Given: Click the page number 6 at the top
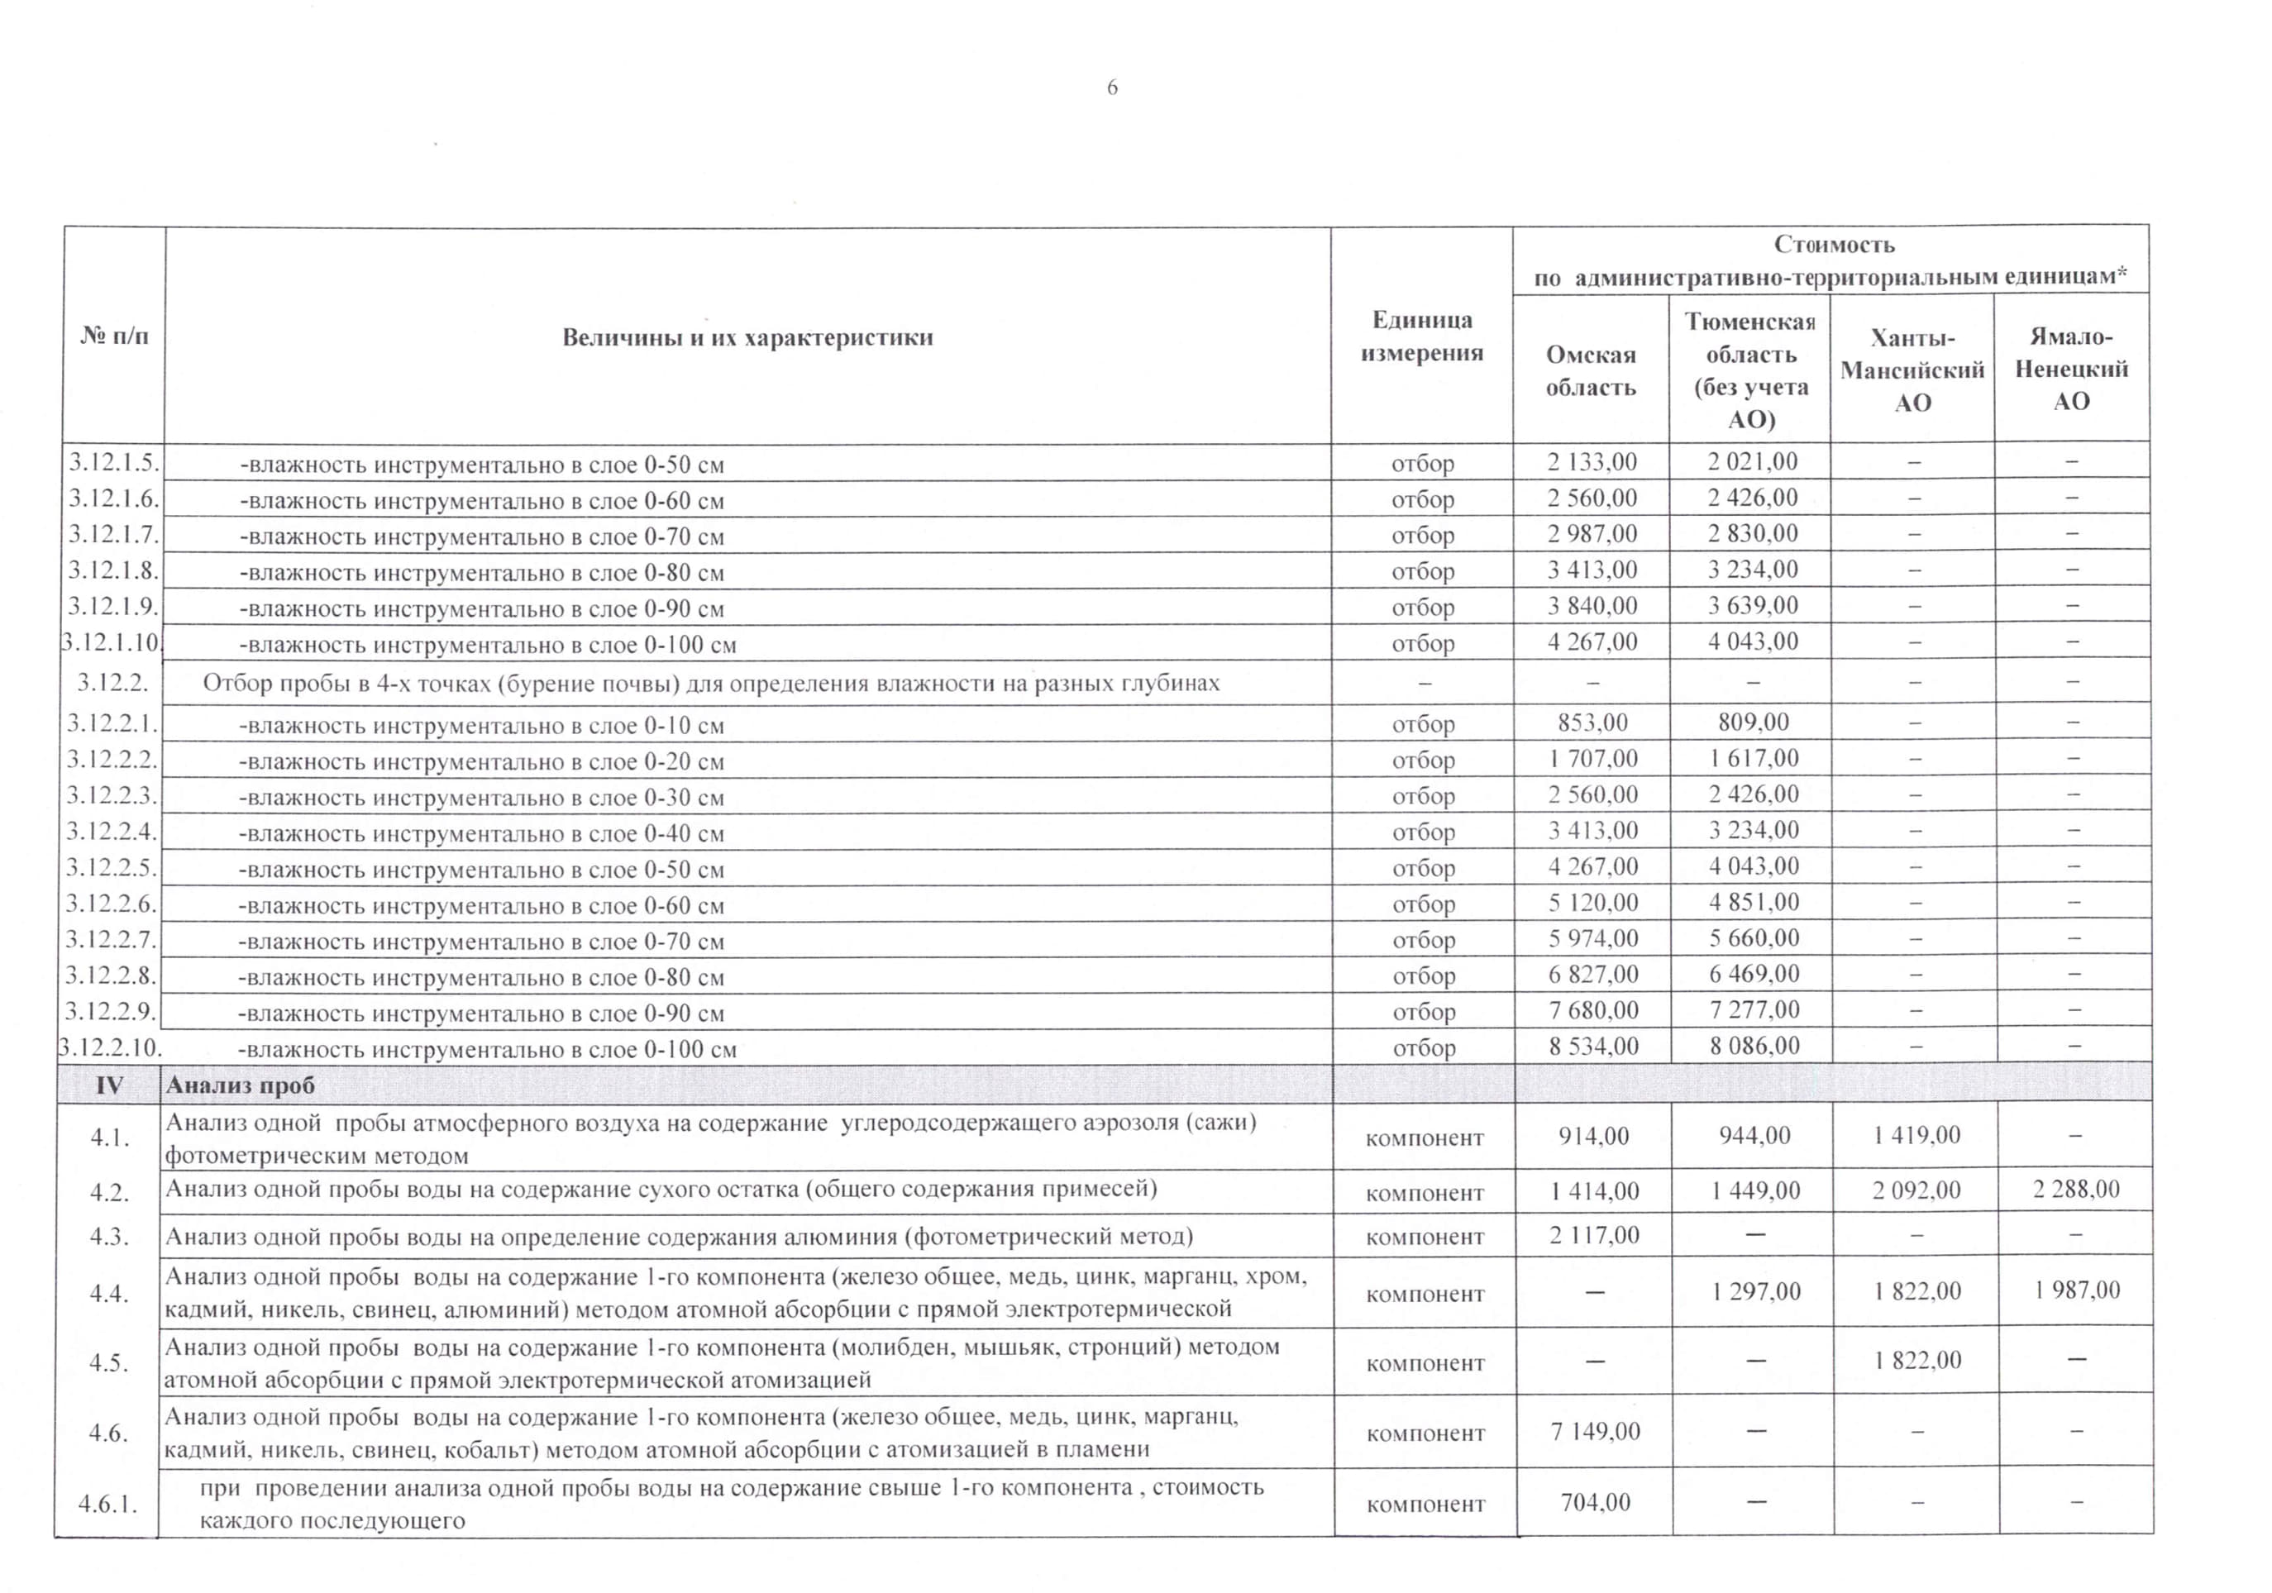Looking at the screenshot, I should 1112,88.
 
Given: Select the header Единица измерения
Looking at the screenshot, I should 1421,336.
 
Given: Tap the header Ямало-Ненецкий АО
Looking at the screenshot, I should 2071,369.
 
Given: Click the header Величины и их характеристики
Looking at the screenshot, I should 747,337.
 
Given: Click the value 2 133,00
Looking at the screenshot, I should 1592,462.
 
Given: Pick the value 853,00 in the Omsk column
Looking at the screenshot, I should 1592,723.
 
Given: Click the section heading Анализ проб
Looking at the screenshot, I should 241,1085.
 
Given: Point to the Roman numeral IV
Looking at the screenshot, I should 109,1085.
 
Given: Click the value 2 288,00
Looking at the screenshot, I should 2076,1190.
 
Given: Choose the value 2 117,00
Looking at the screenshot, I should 1594,1235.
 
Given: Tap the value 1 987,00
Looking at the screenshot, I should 2077,1290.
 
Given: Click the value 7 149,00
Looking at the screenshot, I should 1594,1431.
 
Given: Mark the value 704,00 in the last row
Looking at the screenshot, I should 1595,1502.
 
